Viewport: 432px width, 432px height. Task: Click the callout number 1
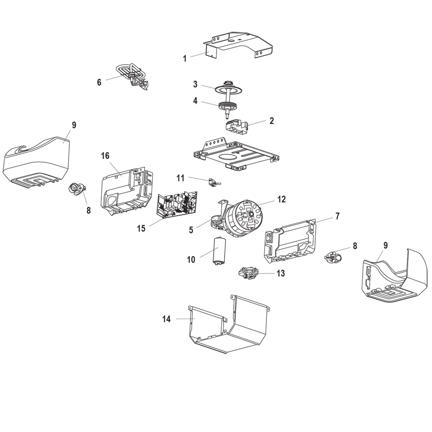pyautogui.click(x=185, y=58)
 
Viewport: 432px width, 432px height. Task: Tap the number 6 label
pyautogui.click(x=99, y=82)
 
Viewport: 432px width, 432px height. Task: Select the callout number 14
pyautogui.click(x=166, y=319)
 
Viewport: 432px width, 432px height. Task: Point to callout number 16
pyautogui.click(x=105, y=156)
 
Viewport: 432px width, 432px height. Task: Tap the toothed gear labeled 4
pyautogui.click(x=228, y=105)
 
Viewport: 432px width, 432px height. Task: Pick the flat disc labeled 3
pyautogui.click(x=228, y=88)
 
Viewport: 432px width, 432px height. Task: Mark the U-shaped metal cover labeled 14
pyautogui.click(x=230, y=324)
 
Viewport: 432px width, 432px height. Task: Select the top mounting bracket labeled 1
pyautogui.click(x=239, y=45)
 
